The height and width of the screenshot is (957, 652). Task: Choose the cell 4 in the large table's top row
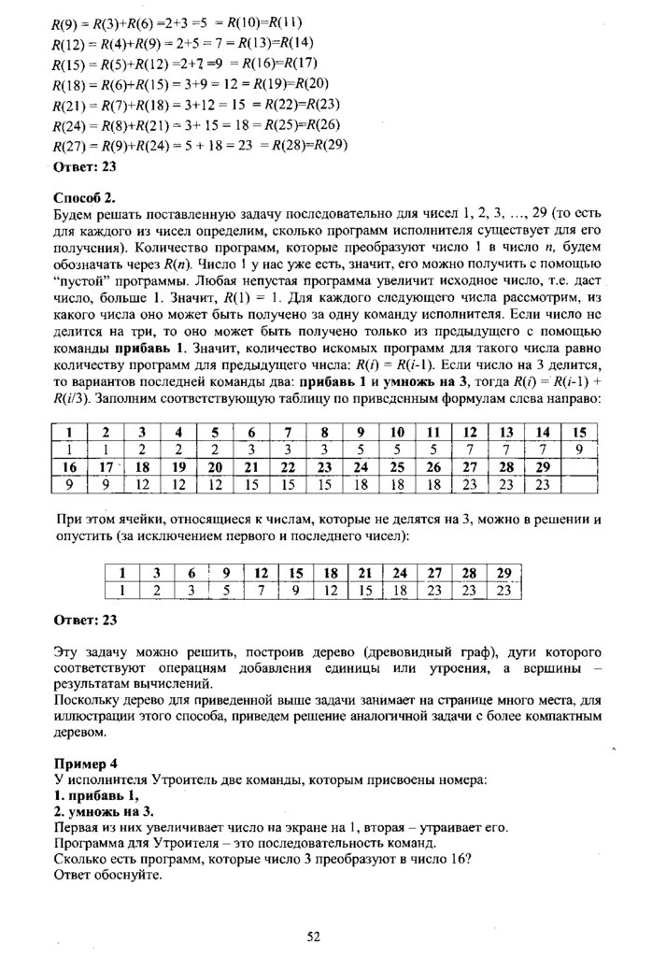(x=177, y=433)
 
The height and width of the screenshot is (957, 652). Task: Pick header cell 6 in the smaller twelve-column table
(x=191, y=572)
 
